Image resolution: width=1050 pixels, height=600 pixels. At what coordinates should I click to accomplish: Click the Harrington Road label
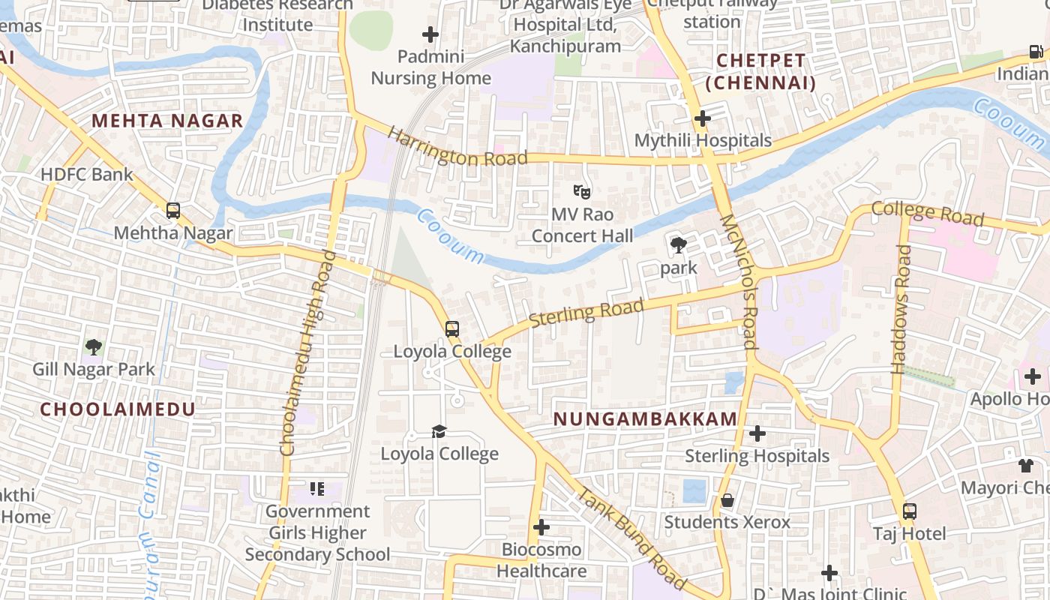tap(457, 148)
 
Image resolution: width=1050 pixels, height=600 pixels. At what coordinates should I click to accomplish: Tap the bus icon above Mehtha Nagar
tap(173, 211)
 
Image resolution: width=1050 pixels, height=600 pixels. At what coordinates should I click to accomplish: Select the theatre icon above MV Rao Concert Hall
tap(582, 191)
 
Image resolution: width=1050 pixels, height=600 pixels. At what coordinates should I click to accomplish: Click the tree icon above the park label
tap(679, 244)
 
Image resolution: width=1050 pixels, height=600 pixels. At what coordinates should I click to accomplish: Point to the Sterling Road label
tap(586, 313)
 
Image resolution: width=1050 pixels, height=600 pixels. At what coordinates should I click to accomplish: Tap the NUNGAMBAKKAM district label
tap(646, 419)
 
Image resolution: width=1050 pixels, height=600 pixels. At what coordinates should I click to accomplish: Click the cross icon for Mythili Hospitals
tap(703, 118)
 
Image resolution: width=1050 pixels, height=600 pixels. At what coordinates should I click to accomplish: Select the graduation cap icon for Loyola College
tap(439, 431)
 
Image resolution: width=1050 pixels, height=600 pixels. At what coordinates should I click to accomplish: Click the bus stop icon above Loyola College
tap(452, 329)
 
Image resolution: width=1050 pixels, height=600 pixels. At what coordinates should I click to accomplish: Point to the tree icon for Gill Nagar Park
tap(94, 347)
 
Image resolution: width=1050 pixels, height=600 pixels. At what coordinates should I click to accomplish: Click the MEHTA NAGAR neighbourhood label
tap(167, 121)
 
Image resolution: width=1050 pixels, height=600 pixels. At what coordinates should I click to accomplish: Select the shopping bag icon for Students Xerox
tap(727, 500)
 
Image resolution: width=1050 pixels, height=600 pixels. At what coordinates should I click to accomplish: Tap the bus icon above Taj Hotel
tap(910, 512)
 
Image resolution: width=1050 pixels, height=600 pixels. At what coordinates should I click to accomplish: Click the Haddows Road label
tap(900, 309)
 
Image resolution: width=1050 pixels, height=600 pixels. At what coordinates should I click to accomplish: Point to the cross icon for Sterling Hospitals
tap(757, 433)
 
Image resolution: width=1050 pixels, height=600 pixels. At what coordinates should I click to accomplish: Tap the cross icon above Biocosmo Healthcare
tap(541, 527)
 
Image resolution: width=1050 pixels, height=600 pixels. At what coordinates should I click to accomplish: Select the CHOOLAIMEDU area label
tap(118, 409)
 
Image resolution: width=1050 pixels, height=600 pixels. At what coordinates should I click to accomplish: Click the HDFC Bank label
tap(87, 175)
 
